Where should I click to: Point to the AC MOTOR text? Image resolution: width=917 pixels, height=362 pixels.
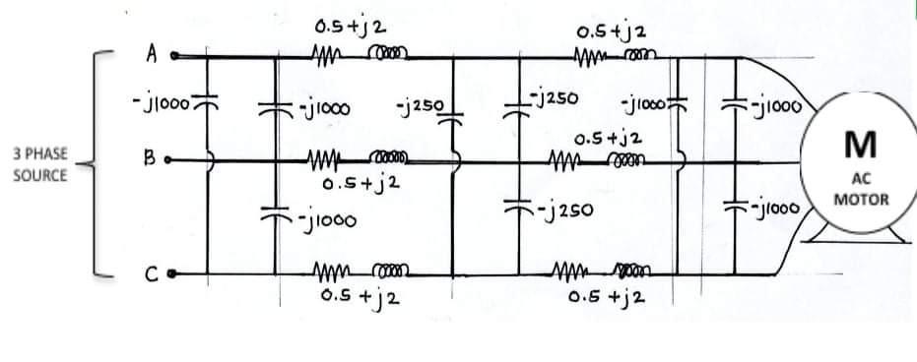pos(861,190)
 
